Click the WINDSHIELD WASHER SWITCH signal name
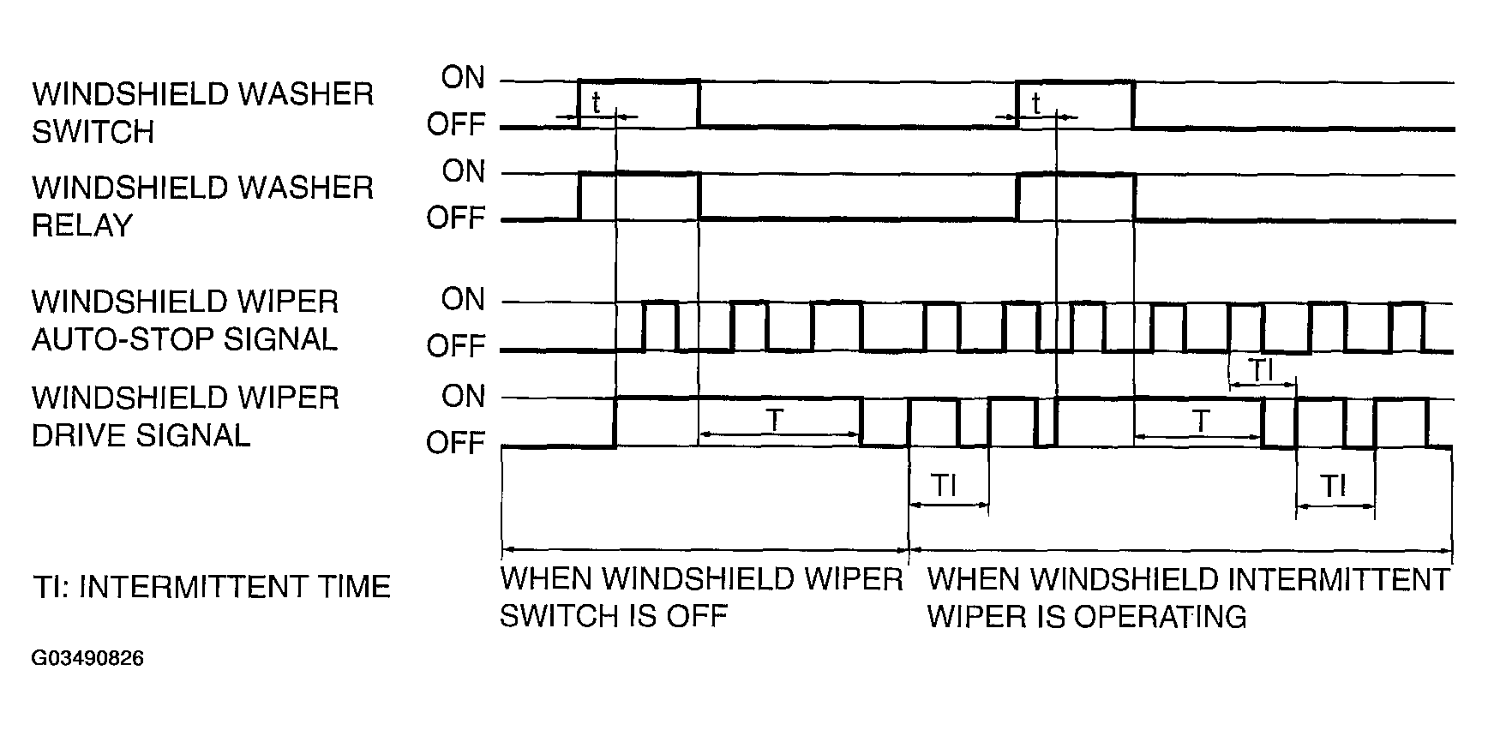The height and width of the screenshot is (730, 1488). [203, 113]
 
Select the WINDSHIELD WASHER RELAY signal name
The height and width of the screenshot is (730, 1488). [203, 206]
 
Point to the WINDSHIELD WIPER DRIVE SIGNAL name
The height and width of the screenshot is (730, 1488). [185, 416]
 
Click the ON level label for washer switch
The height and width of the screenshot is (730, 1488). [463, 78]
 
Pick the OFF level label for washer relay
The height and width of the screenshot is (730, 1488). [456, 218]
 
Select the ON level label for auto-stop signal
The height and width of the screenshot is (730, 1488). [463, 300]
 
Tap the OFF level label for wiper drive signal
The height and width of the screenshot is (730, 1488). [456, 443]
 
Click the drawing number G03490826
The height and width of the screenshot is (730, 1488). [87, 659]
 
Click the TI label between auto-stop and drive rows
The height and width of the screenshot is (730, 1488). [1260, 371]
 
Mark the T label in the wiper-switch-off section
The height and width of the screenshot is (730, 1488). [775, 420]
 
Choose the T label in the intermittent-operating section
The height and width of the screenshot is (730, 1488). [1202, 421]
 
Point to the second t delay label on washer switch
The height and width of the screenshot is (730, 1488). [1036, 104]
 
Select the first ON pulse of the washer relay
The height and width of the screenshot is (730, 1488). [639, 173]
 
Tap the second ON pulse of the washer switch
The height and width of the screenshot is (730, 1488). [1075, 82]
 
